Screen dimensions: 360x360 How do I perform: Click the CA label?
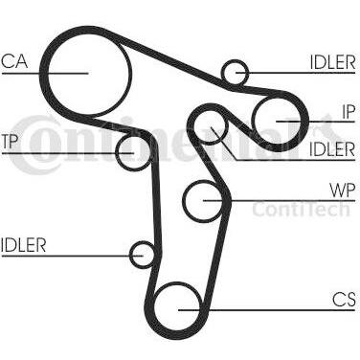pos(13,63)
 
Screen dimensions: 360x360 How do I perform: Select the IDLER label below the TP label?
pos(23,244)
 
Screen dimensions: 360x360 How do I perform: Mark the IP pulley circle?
pos(281,121)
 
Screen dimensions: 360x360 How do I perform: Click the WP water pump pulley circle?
pos(207,199)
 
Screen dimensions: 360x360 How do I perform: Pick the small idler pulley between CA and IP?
pos(234,72)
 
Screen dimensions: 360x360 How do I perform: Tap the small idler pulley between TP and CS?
pos(144,255)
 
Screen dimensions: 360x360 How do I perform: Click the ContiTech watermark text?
pos(301,210)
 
